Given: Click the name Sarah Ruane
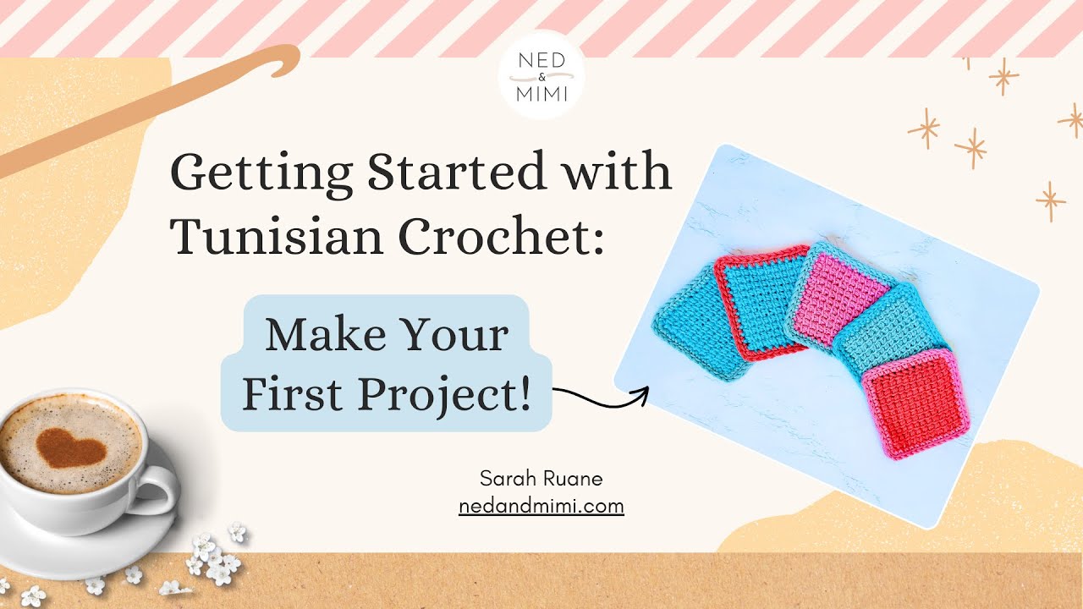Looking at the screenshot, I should coord(541,479).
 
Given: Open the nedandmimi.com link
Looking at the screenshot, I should coord(541,507).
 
